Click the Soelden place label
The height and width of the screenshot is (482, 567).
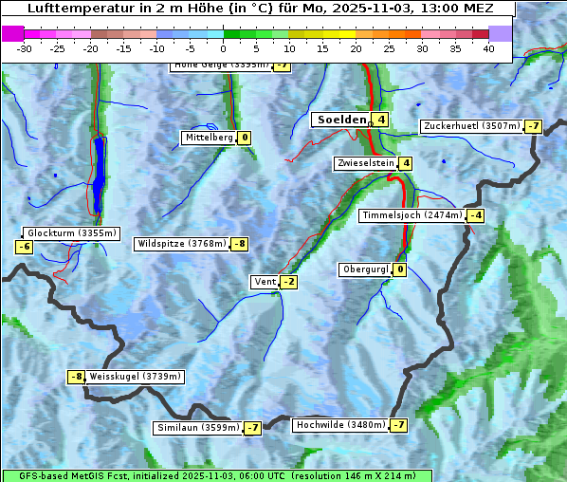coord(340,120)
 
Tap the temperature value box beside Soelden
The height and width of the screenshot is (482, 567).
coord(380,120)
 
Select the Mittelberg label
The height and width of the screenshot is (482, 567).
coord(209,138)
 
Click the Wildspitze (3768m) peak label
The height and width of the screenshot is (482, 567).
coord(182,244)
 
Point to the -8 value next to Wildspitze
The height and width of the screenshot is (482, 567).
coord(240,244)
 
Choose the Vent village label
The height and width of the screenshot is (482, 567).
coord(265,282)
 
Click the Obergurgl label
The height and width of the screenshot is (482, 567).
coord(365,269)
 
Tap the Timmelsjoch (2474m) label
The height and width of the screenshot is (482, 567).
coord(412,215)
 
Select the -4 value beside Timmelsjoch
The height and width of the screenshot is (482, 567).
coord(475,215)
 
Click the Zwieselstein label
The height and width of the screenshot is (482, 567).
coord(365,163)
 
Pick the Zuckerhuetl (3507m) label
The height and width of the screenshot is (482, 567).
coord(471,126)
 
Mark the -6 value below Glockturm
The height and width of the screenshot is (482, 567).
coord(25,247)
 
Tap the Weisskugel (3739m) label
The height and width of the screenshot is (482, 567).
coord(135,377)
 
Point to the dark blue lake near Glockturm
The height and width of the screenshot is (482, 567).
coord(99,175)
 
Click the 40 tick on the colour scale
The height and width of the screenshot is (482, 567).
coord(488,48)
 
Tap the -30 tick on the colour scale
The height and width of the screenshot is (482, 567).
coord(25,48)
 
